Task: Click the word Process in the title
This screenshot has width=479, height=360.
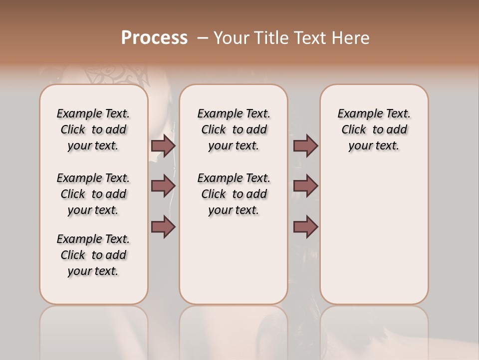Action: pyautogui.click(x=154, y=38)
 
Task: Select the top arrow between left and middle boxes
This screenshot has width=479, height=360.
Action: pyautogui.click(x=163, y=146)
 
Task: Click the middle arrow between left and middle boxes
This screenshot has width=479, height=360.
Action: pyautogui.click(x=163, y=186)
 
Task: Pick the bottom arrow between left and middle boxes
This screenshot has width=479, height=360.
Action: pyautogui.click(x=163, y=227)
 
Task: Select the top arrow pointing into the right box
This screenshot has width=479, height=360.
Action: pyautogui.click(x=305, y=146)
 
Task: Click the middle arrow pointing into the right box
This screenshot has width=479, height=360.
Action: pyautogui.click(x=305, y=186)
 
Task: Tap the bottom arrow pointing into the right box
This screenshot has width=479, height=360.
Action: pyautogui.click(x=305, y=227)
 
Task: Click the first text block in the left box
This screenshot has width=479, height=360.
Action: pyautogui.click(x=93, y=129)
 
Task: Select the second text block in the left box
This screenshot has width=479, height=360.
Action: pyautogui.click(x=93, y=194)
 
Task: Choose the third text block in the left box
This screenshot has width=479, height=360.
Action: pyautogui.click(x=93, y=255)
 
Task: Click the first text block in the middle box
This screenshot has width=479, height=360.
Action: pyautogui.click(x=234, y=129)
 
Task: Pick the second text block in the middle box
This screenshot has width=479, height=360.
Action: pyautogui.click(x=234, y=194)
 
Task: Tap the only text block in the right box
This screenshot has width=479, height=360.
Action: pyautogui.click(x=374, y=129)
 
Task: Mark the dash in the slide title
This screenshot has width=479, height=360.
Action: pyautogui.click(x=203, y=38)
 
